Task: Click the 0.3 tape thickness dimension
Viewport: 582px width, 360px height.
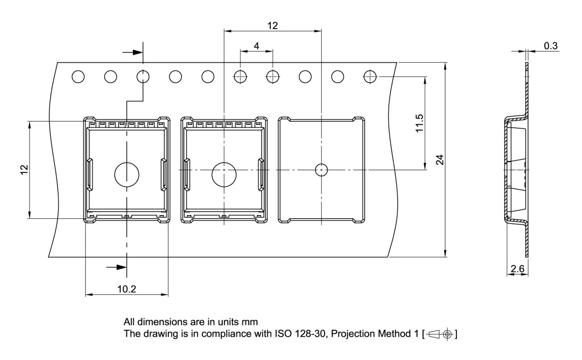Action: (x=551, y=45)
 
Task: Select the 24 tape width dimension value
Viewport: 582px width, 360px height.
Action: (x=440, y=160)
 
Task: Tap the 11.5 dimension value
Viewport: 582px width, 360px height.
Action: (x=419, y=123)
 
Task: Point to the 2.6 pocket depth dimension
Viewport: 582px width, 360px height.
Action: (x=517, y=269)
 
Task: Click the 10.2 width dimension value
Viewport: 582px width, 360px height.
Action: (x=126, y=289)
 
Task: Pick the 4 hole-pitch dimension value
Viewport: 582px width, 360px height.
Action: (x=256, y=45)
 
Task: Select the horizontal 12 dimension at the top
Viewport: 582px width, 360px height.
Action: (x=272, y=25)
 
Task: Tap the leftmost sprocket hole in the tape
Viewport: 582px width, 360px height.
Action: (x=78, y=77)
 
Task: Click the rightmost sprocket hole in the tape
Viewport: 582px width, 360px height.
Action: (x=371, y=77)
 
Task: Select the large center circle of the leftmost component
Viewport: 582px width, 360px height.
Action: (x=127, y=175)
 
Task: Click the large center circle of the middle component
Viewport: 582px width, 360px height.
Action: (x=224, y=175)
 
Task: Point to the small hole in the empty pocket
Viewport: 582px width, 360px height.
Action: (x=321, y=170)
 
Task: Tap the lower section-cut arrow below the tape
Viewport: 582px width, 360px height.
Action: (x=116, y=267)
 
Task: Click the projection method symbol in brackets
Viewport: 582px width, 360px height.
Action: (x=440, y=334)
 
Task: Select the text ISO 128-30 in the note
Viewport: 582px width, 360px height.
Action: (x=296, y=334)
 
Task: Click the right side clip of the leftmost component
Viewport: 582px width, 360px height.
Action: (x=163, y=175)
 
